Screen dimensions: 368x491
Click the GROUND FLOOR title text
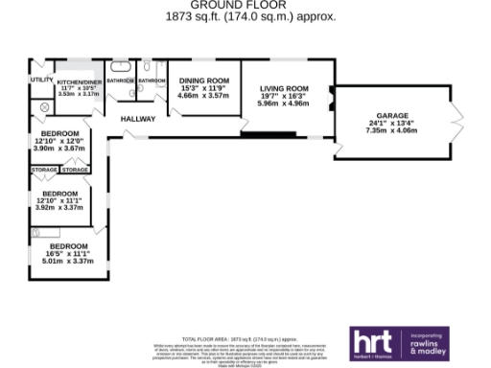245,5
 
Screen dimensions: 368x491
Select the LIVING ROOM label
284,87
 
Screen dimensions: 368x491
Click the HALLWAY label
138,119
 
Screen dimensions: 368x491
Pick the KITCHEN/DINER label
79,81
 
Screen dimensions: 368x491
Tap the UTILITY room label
41,80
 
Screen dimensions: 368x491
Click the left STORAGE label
45,170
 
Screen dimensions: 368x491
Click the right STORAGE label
76,170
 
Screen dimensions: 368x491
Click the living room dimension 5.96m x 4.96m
284,103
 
